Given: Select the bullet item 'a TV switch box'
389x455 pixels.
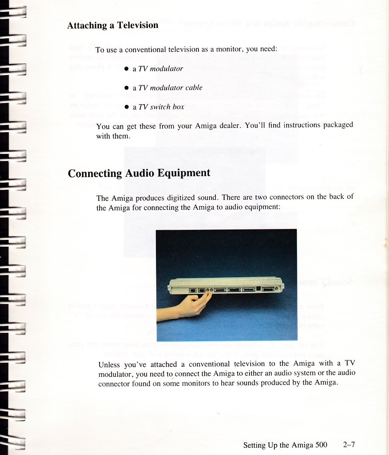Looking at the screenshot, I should coord(158,107).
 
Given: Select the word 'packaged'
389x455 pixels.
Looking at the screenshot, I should coord(338,125).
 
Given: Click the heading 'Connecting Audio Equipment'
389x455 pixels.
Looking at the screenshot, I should coord(139,173).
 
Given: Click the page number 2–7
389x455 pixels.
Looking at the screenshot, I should coord(349,445).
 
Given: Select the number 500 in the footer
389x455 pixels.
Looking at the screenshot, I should coord(321,445).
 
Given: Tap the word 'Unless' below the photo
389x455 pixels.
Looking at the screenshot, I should coord(109,364).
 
